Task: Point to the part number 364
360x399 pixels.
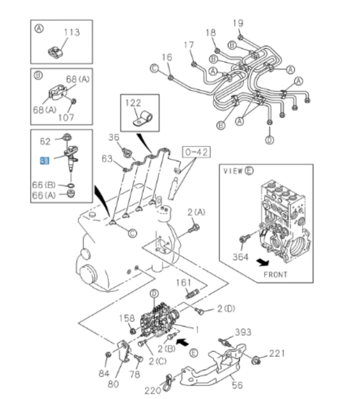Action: pyautogui.click(x=240, y=257)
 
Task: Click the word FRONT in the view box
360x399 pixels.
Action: pyautogui.click(x=275, y=274)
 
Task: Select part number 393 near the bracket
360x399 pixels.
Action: pyautogui.click(x=243, y=332)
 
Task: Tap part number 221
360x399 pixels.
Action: pyautogui.click(x=276, y=354)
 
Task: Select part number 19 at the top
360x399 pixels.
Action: pyautogui.click(x=238, y=23)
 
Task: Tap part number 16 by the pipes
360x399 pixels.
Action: pyautogui.click(x=166, y=57)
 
